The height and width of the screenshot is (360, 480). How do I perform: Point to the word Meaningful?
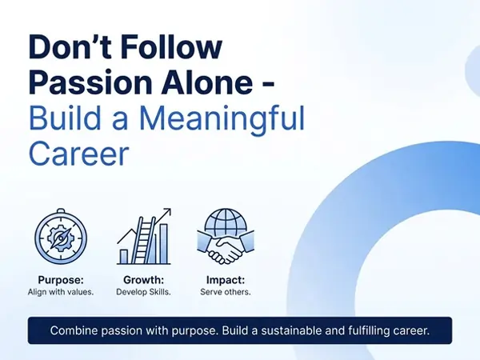click(x=222, y=118)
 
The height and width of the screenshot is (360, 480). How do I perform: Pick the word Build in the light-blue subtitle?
click(x=65, y=117)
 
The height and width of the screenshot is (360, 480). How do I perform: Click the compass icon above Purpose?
click(x=61, y=236)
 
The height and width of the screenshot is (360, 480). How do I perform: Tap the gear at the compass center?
click(x=61, y=238)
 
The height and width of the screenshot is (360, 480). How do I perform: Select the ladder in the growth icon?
click(x=145, y=240)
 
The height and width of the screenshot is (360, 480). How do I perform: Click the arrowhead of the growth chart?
click(x=167, y=212)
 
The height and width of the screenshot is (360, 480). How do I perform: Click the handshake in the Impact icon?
click(x=226, y=248)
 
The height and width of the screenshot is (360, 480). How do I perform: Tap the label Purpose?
click(x=61, y=280)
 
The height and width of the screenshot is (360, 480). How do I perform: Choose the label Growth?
click(x=143, y=280)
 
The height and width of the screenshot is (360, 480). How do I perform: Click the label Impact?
click(x=226, y=280)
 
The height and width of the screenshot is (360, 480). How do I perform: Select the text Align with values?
click(x=61, y=292)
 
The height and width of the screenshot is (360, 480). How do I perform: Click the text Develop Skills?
click(x=143, y=292)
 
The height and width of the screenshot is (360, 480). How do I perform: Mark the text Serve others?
click(x=226, y=292)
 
